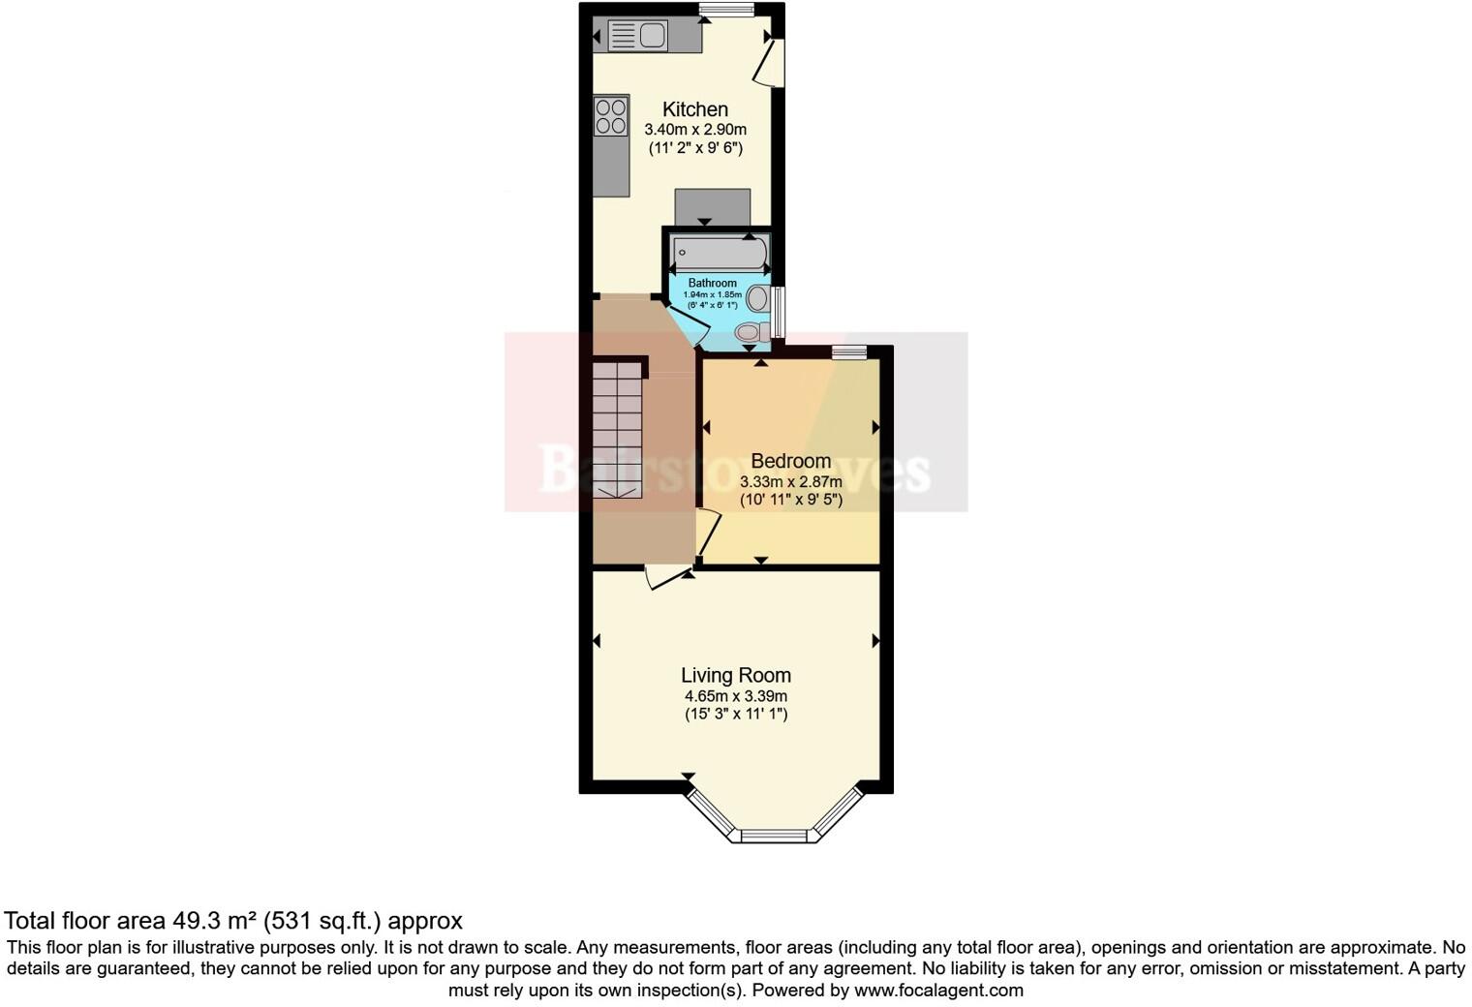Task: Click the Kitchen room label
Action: (x=694, y=109)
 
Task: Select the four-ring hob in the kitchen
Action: (x=611, y=115)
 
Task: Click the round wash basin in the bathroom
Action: (x=757, y=298)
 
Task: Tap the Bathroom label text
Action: (x=712, y=283)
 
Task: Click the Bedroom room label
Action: (x=790, y=461)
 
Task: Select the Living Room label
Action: (x=735, y=676)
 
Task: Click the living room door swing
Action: (x=665, y=578)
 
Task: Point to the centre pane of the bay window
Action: (x=774, y=836)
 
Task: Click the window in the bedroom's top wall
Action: (x=849, y=352)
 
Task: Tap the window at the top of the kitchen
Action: (x=726, y=11)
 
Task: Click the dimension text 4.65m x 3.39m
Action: (x=735, y=696)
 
